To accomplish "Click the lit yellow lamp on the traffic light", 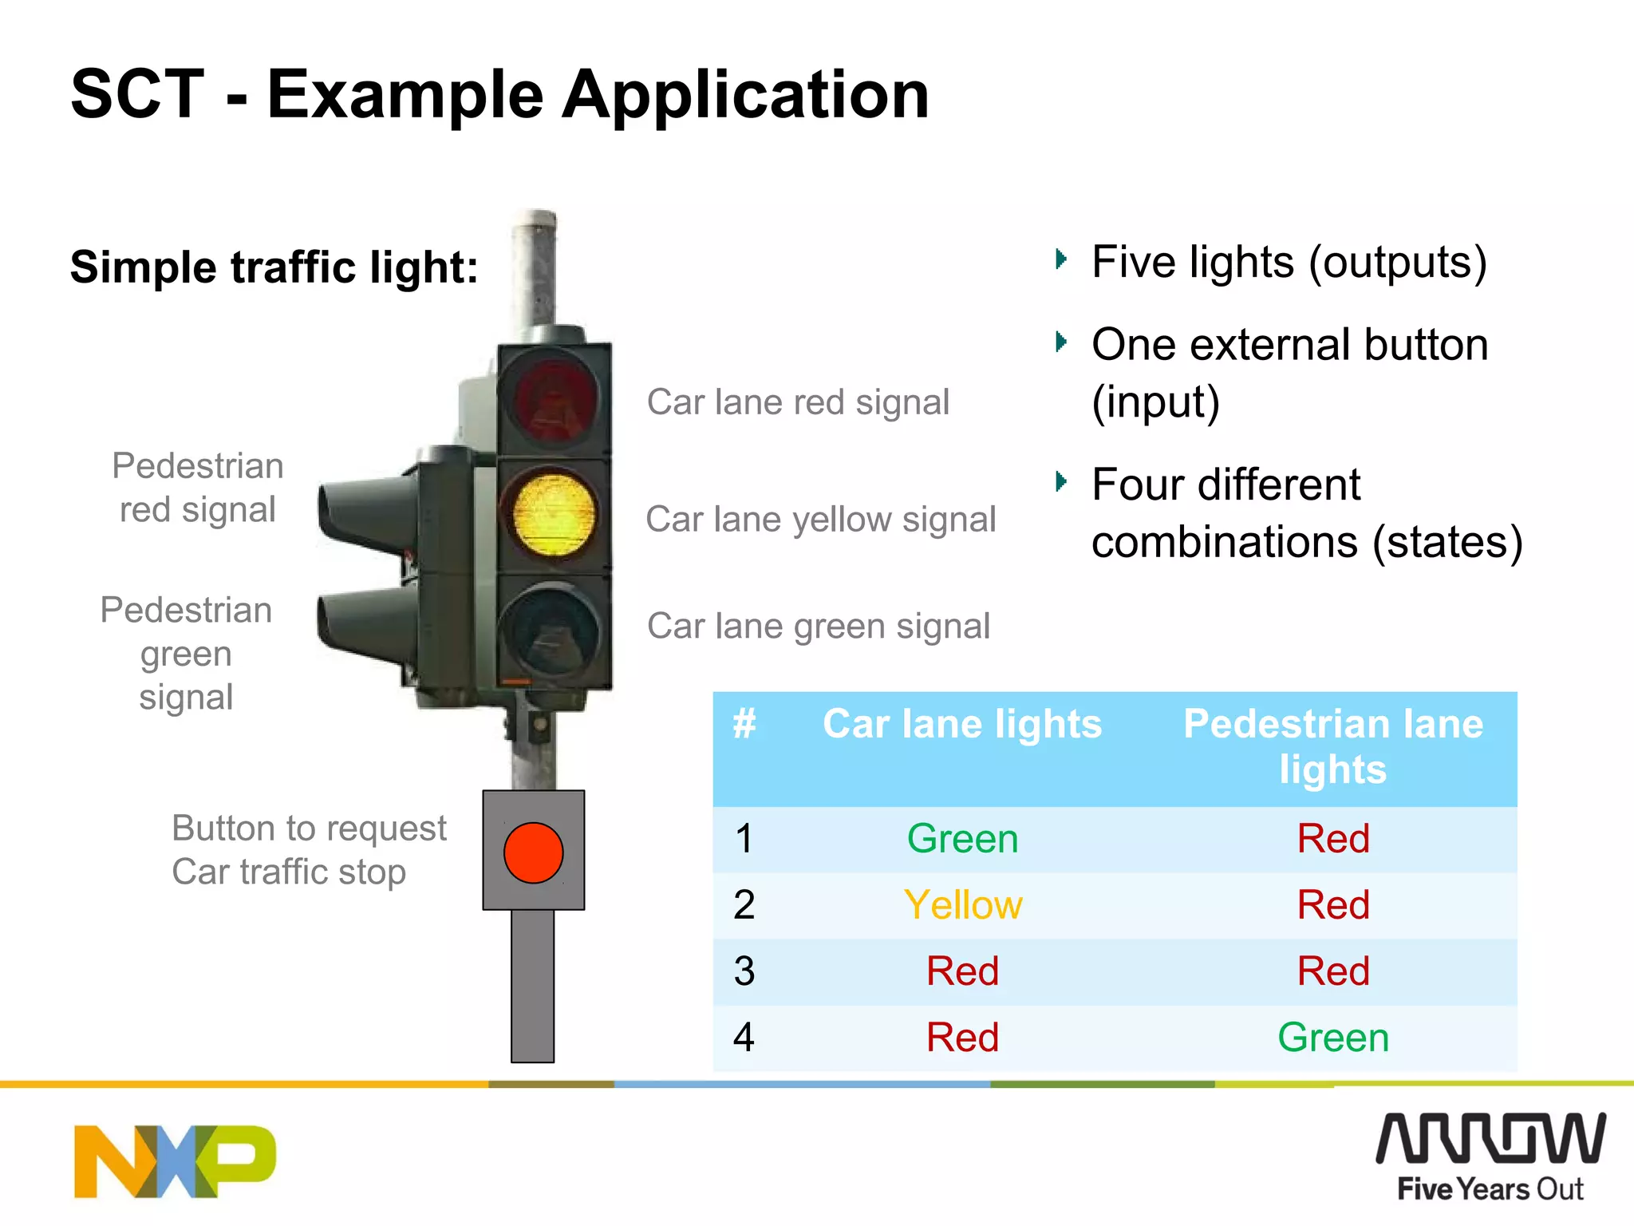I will [554, 514].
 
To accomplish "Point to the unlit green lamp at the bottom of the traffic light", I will [551, 631].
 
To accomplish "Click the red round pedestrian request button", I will [533, 852].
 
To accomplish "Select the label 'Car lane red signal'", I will [798, 402].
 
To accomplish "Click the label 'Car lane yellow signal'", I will [820, 520].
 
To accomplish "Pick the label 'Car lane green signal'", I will [818, 627].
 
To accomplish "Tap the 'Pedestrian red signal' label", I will [198, 488].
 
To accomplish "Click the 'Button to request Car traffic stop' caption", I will [309, 850].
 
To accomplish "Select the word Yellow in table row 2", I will [962, 905].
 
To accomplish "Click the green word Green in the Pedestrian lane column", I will [1332, 1038].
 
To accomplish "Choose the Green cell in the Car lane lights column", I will [962, 839].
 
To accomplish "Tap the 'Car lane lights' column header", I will [961, 725].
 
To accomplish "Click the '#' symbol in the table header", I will [744, 725].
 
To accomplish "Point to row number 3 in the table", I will [744, 971].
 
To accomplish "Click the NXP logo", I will [175, 1161].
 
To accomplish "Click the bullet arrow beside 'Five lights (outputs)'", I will [1060, 259].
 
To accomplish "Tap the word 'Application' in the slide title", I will [745, 94].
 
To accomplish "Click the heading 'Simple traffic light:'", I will [274, 267].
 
